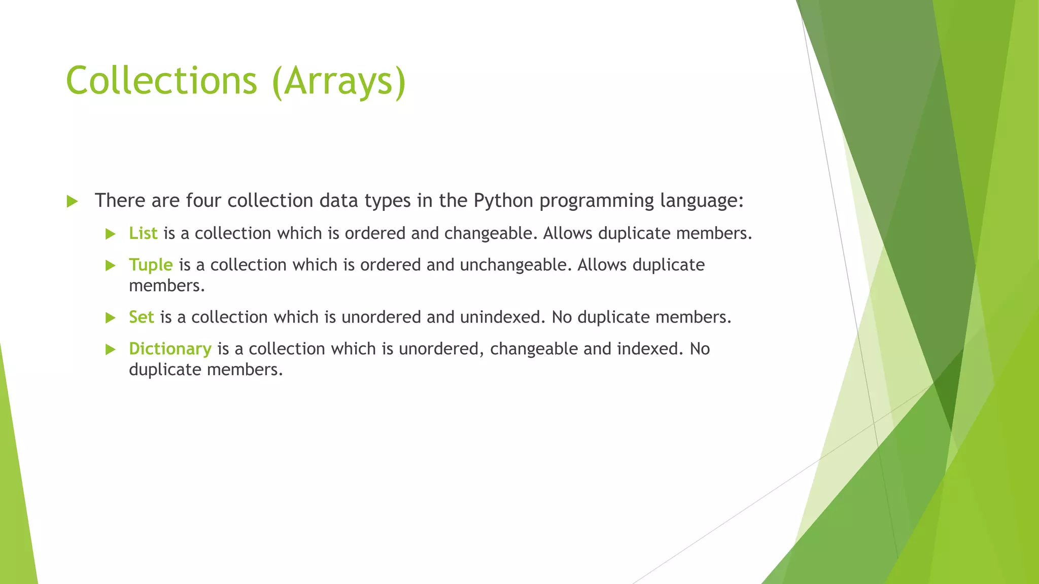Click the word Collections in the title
click(x=161, y=81)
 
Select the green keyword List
click(x=143, y=233)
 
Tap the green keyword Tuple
click(x=151, y=265)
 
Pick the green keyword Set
click(x=141, y=317)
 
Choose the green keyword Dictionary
click(x=170, y=349)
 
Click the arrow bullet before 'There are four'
click(x=72, y=202)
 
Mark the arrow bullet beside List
click(x=110, y=234)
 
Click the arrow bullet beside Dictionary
click(x=110, y=350)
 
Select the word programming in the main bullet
click(x=597, y=201)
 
